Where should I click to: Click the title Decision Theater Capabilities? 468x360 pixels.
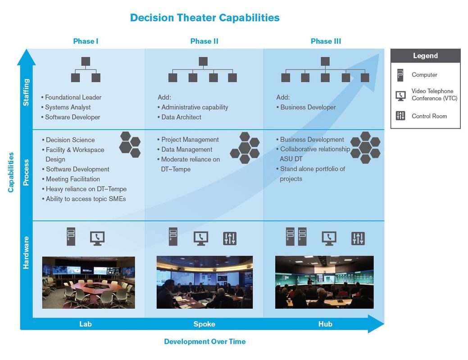pos(204,18)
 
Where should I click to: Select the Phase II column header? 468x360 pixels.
pos(204,41)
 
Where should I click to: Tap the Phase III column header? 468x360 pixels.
pos(326,41)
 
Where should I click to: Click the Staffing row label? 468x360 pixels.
pos(26,92)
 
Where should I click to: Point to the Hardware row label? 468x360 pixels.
pos(26,252)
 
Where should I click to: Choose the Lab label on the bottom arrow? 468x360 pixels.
pos(86,324)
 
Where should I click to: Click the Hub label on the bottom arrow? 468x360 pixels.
pos(325,324)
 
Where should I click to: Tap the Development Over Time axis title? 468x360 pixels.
pos(204,342)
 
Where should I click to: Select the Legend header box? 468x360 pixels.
pos(425,56)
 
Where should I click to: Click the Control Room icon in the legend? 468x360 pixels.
pos(400,116)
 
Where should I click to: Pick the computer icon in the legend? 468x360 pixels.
pos(400,75)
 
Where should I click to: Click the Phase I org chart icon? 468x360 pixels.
pos(86,69)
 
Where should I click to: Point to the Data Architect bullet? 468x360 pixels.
pos(181,117)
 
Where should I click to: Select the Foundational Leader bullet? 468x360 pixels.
pos(73,97)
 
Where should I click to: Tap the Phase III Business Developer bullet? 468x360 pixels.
pos(308,107)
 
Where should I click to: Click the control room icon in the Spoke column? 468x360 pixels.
pos(230,238)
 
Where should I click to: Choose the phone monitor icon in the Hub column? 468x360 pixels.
pos(329,238)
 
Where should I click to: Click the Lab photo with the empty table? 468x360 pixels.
pos(88,283)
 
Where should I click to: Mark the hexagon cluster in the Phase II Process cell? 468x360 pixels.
pos(245,148)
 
